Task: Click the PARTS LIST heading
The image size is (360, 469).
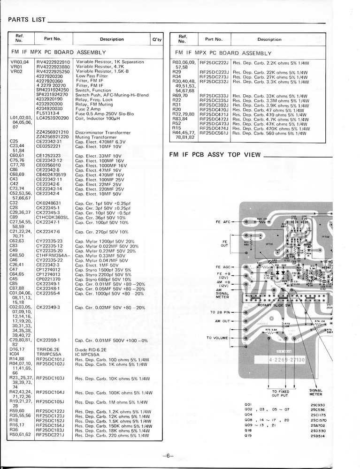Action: (x=26, y=20)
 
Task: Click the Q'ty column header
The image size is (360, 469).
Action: (x=157, y=39)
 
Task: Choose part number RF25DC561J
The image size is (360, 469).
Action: (x=214, y=133)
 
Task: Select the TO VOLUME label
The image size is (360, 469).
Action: (x=216, y=338)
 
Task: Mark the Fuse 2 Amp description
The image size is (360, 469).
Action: (x=88, y=108)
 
